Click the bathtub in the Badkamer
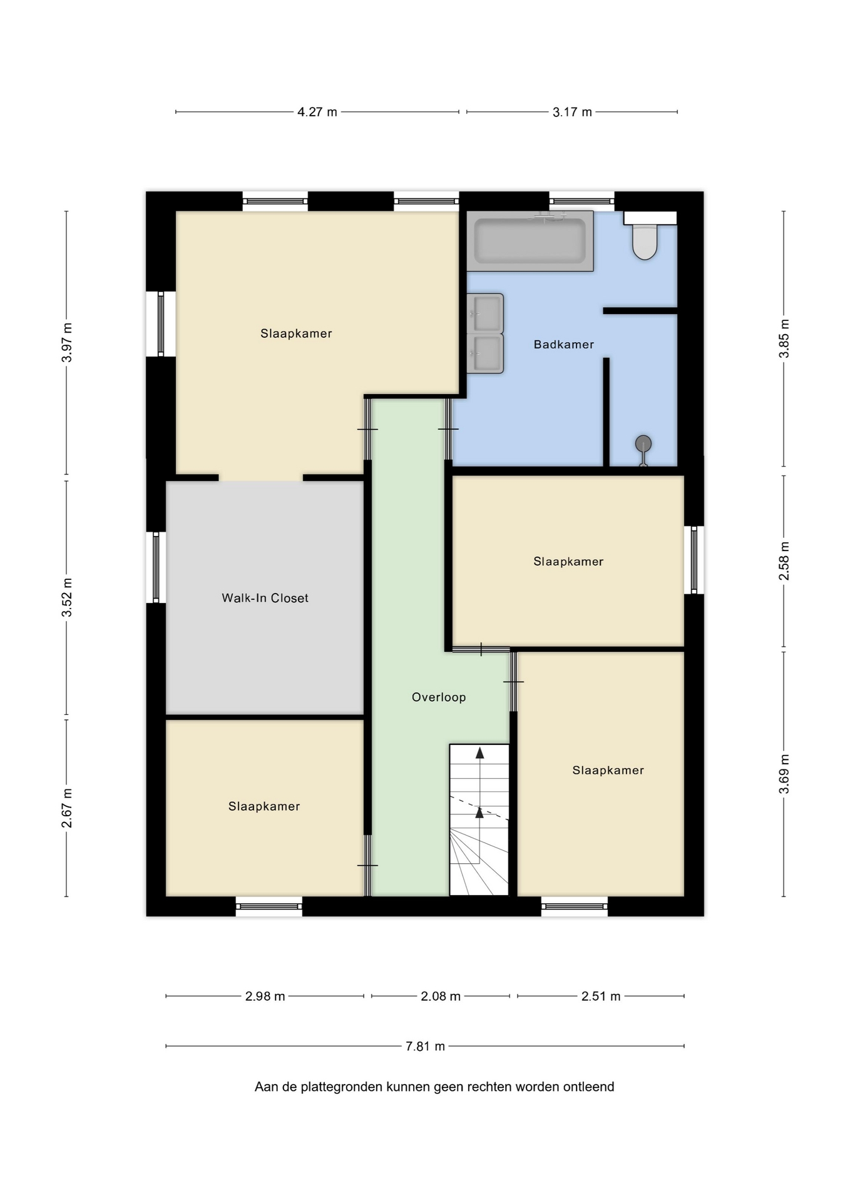530,241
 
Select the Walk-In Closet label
265,598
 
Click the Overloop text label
439,697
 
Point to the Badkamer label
564,345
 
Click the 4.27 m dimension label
317,112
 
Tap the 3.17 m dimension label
572,112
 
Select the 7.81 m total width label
426,1046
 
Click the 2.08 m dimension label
441,996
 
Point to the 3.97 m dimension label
67,342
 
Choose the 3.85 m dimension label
784,338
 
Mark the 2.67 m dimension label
67,808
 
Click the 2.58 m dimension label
784,560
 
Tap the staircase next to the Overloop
479,819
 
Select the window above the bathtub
582,201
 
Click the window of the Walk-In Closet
156,567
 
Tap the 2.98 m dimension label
265,996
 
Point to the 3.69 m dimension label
784,774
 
